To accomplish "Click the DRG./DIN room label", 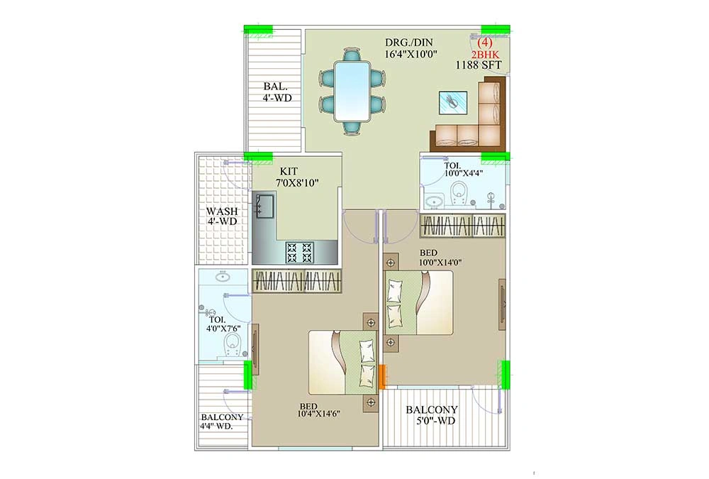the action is pyautogui.click(x=409, y=43).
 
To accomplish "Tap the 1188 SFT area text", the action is pyautogui.click(x=479, y=65).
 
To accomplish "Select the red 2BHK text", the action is pyautogui.click(x=485, y=55).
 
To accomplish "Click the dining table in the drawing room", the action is pyautogui.click(x=352, y=91).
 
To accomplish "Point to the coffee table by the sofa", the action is pyautogui.click(x=452, y=102).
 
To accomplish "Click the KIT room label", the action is pyautogui.click(x=289, y=172).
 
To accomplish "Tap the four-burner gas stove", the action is pyautogui.click(x=299, y=253).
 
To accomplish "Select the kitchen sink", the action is pyautogui.click(x=264, y=205).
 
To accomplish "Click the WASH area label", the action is pyautogui.click(x=221, y=211).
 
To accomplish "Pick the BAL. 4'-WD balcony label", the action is pyautogui.click(x=277, y=92).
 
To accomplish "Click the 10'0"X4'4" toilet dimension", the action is pyautogui.click(x=464, y=172).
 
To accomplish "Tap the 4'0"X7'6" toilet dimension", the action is pyautogui.click(x=223, y=329).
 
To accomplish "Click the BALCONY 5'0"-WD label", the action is pyautogui.click(x=431, y=415).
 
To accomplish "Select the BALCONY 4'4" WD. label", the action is pyautogui.click(x=222, y=421).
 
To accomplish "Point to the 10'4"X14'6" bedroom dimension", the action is pyautogui.click(x=318, y=413).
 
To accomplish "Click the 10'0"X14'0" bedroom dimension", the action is pyautogui.click(x=440, y=262).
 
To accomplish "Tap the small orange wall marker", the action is pyautogui.click(x=382, y=377).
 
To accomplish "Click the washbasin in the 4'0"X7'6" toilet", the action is pyautogui.click(x=222, y=276).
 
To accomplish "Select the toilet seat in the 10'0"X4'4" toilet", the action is pyautogui.click(x=459, y=192).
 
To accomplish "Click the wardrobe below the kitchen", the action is pyautogui.click(x=296, y=281).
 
